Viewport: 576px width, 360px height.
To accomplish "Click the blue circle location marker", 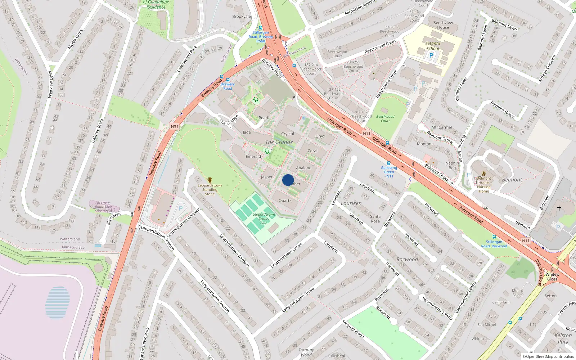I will coord(288,180).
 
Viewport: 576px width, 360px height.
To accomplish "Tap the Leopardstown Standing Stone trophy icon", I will coord(210,180).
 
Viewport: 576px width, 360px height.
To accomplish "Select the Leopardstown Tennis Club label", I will coord(264,219).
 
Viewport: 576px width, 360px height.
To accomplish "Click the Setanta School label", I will coord(433,46).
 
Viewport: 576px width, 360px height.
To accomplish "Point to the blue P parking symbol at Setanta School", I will coord(431,55).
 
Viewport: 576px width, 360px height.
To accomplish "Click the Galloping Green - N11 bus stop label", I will coord(389,172).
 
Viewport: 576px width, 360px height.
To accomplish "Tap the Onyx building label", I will coord(320,136).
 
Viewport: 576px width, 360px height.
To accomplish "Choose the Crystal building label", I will coord(287,134).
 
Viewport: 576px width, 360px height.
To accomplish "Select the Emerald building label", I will coord(253,156).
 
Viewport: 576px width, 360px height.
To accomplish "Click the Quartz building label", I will coord(285,201).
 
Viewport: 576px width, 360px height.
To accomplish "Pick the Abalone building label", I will coord(303,168).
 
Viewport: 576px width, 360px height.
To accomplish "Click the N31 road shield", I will coord(175,127).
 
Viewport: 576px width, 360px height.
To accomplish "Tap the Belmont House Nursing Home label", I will coord(484,185).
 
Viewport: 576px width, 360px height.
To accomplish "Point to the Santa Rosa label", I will coord(375,219).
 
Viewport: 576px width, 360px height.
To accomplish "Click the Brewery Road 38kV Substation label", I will coord(103,207).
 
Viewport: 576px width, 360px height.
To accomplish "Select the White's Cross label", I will coord(552,276).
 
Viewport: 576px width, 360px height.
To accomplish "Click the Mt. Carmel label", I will coord(441,127).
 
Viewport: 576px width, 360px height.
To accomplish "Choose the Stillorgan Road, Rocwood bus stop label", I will coord(494,244).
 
